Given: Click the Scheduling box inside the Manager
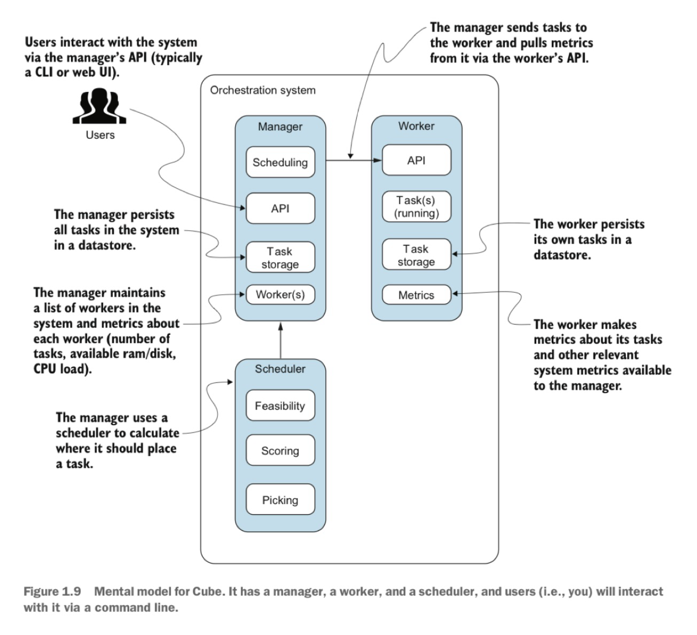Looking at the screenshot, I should point(280,162).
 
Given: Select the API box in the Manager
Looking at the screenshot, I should point(280,208).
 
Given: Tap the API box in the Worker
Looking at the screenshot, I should point(416,160).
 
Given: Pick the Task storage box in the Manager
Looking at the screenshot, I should point(280,257).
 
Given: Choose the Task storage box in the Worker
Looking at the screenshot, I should point(416,255).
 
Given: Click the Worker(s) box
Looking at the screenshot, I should point(280,294).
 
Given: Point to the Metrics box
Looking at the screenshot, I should point(416,295).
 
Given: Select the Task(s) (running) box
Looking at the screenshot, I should point(416,207).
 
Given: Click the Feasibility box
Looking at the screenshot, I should point(280,406).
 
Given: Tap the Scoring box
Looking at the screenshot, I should point(280,451).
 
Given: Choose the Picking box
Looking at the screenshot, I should point(280,500).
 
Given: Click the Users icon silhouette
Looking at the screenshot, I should point(100,107).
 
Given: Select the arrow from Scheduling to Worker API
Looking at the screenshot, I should point(353,160).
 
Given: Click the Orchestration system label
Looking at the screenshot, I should point(263,90).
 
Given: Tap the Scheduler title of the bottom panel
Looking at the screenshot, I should point(280,369).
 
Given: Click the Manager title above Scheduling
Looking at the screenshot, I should point(280,127).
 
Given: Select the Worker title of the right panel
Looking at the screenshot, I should point(416,126).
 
